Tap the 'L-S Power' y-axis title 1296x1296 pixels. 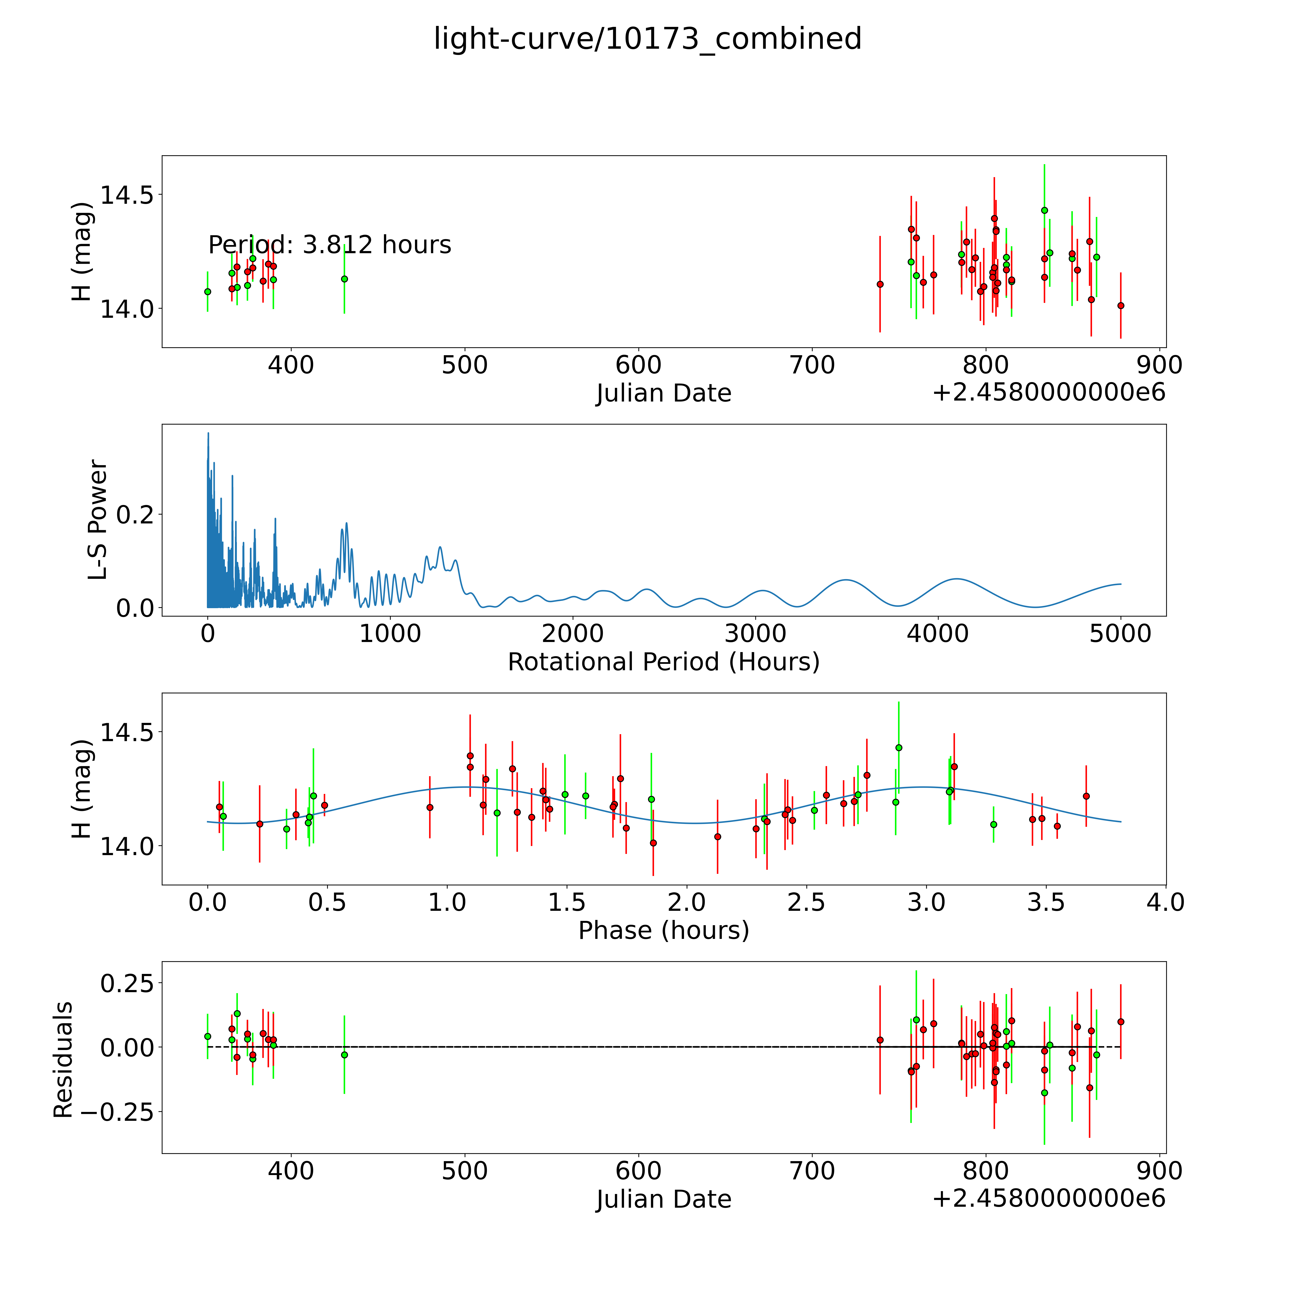click(x=98, y=520)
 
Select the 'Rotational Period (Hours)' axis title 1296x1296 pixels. click(x=663, y=662)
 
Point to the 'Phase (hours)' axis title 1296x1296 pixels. click(x=663, y=930)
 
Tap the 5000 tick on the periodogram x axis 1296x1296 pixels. click(x=1120, y=634)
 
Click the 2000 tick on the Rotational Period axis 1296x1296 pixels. click(x=573, y=634)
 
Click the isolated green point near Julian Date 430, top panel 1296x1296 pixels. click(x=344, y=279)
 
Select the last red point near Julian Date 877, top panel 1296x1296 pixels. click(x=1120, y=306)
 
